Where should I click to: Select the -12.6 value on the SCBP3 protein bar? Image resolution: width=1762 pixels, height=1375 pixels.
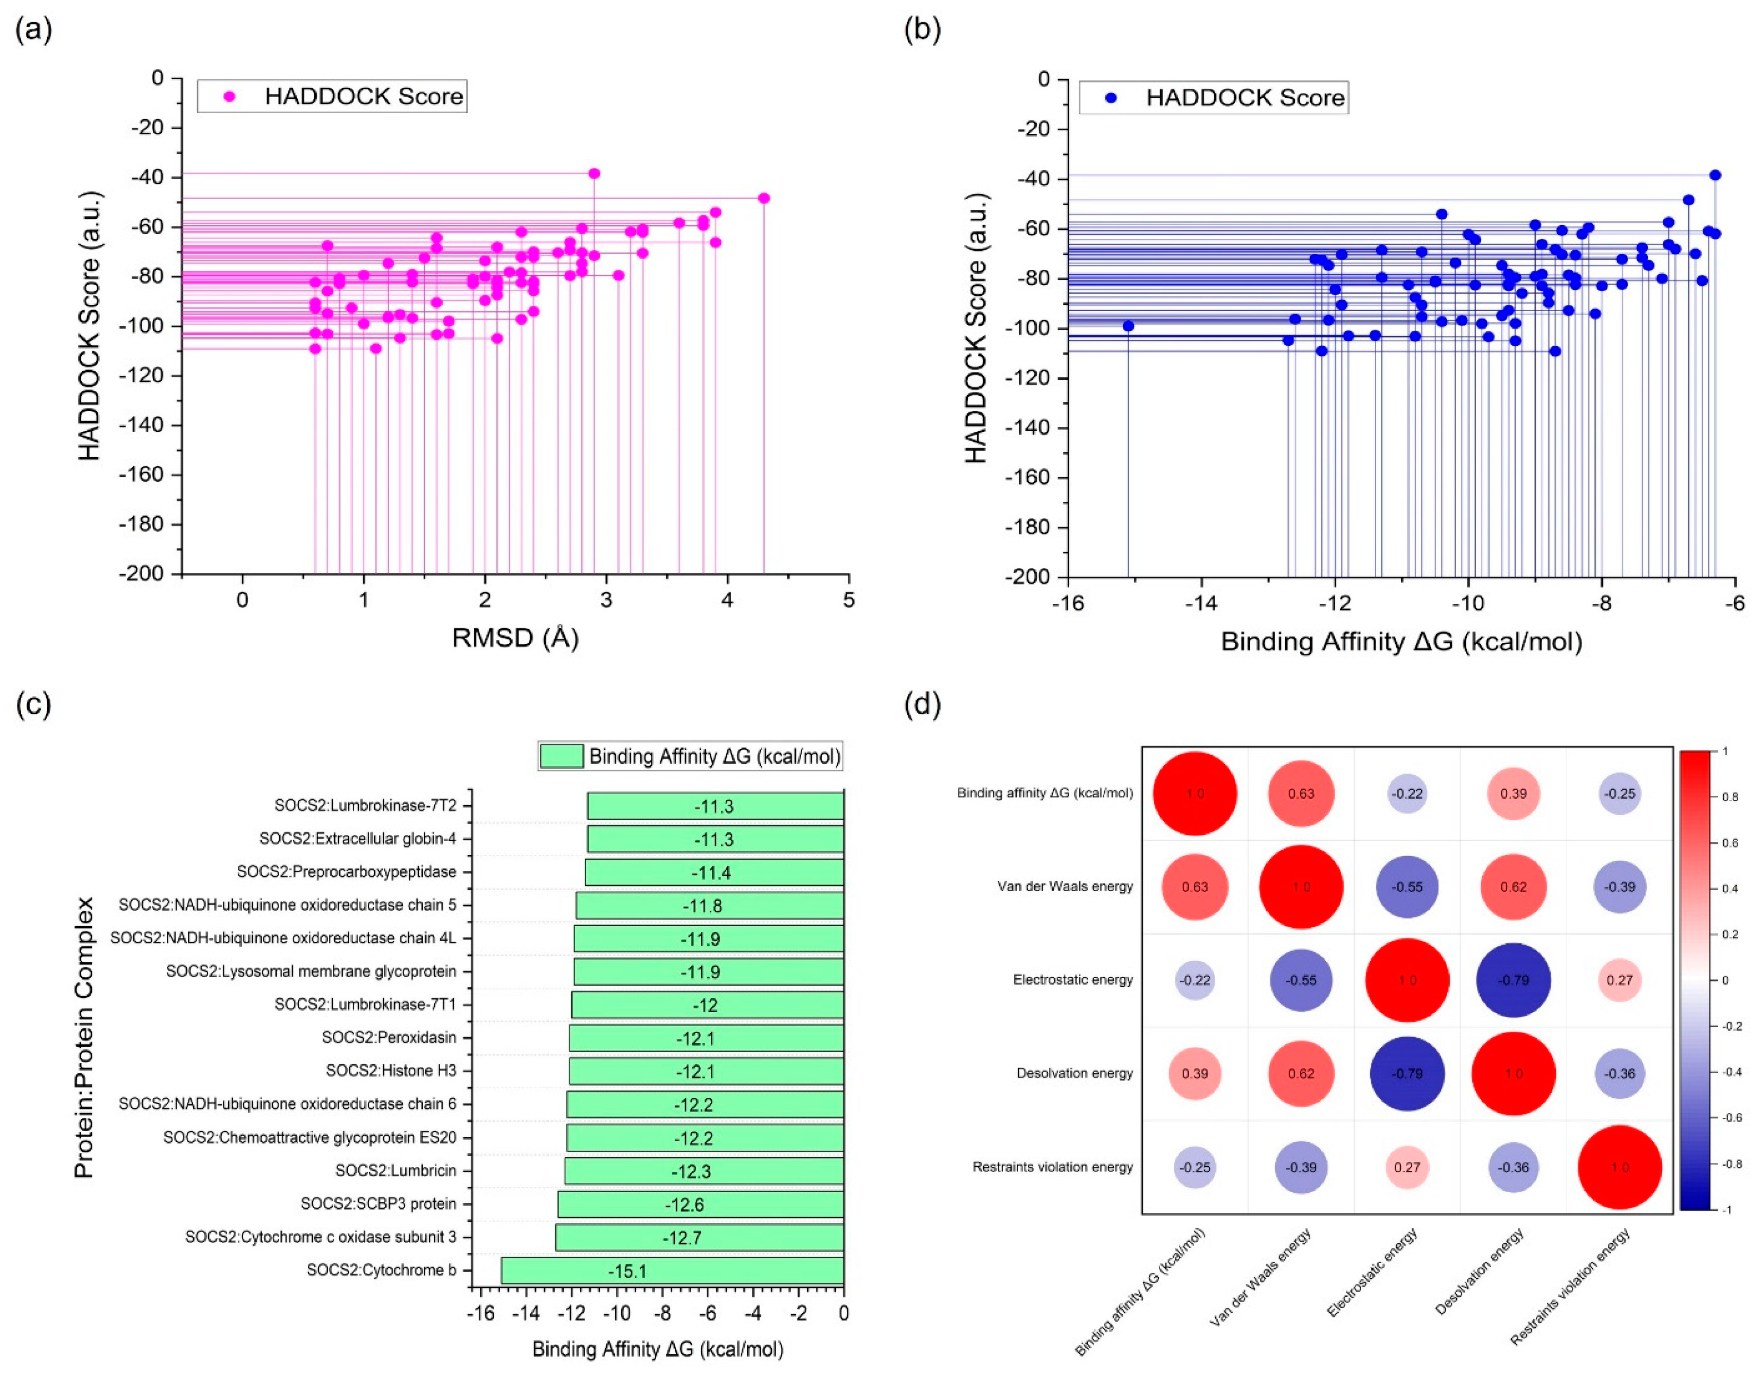click(684, 1205)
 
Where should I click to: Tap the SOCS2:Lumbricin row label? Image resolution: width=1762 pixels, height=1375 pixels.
click(396, 1171)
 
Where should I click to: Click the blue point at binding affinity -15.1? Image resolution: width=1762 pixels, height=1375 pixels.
click(1128, 326)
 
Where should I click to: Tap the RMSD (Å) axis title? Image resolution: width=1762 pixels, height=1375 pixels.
click(515, 638)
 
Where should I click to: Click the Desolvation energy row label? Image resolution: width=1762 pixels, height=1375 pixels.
click(1075, 1074)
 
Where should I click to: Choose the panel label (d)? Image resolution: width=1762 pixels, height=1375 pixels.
click(922, 704)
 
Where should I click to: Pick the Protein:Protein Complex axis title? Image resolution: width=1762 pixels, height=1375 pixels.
click(84, 1038)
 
